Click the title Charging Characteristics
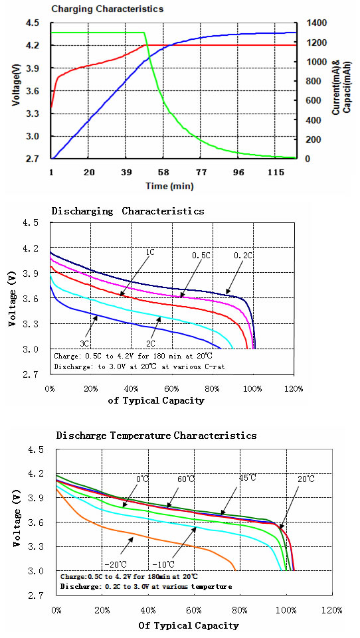pos(108,9)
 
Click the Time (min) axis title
pos(169,187)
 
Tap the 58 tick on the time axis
pos(163,172)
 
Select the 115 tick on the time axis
pos(276,172)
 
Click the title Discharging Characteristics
pos(128,211)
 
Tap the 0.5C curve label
pos(201,256)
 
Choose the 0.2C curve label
pos(242,256)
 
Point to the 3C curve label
pos(84,343)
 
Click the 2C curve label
pos(150,343)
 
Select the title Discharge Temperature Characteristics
pos(156,436)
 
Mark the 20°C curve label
pos(306,479)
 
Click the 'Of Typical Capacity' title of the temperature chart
pos(189,625)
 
